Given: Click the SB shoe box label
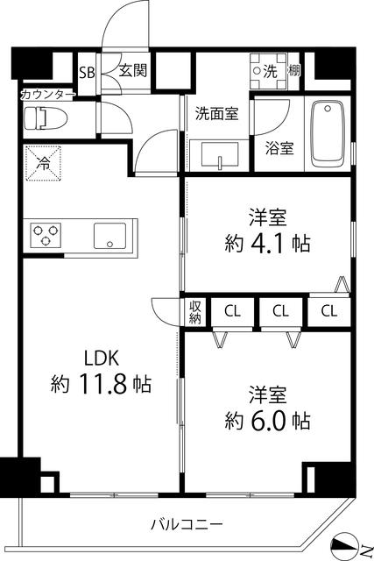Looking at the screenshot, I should (x=87, y=72).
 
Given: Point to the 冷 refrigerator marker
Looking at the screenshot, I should (x=42, y=161).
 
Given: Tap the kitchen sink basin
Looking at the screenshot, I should (x=110, y=235).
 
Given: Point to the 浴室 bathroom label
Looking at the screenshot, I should (x=280, y=148).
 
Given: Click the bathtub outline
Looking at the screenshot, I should (x=329, y=134).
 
